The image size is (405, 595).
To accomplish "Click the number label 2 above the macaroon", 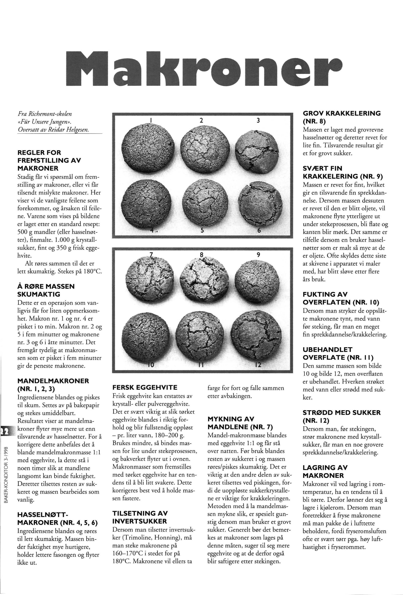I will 201,120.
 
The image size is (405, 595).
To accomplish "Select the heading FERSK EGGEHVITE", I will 145,387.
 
